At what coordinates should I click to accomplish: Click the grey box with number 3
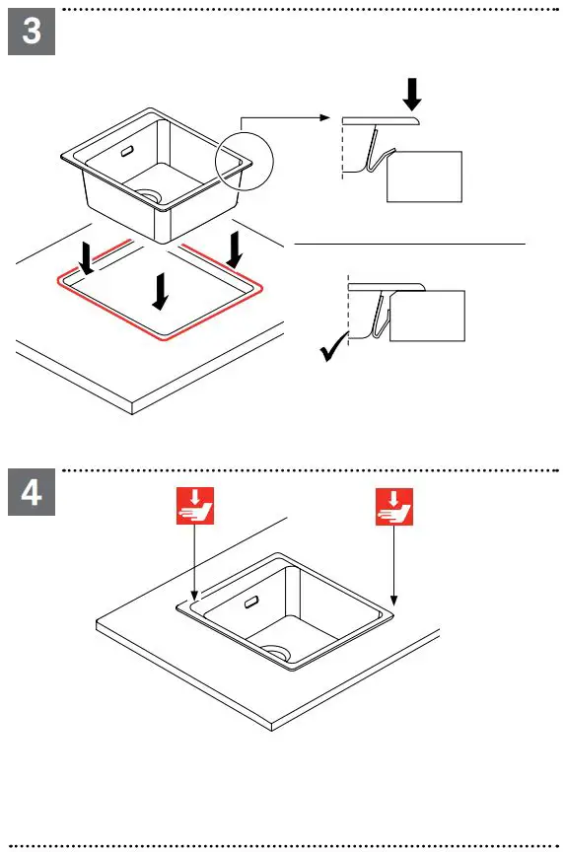point(31,32)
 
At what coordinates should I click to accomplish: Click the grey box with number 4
point(31,492)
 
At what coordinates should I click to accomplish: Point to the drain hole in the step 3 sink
point(151,195)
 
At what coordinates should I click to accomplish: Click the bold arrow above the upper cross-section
point(413,94)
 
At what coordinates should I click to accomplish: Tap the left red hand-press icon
point(195,506)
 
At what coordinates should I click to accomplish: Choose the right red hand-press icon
point(393,506)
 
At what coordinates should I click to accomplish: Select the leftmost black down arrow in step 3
point(88,258)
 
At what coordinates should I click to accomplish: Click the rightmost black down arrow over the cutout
point(234,248)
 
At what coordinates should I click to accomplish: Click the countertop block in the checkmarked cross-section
point(426,316)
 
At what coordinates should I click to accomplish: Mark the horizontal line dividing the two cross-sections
point(410,242)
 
